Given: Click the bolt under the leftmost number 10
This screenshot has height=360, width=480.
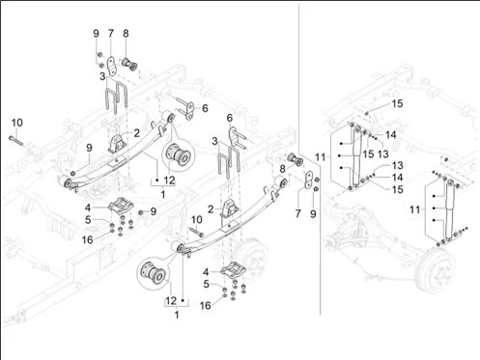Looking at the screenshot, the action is click(15, 140).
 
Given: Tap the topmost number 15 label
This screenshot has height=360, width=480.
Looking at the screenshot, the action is click(397, 103).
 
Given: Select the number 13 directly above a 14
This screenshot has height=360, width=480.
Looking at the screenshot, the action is click(398, 165).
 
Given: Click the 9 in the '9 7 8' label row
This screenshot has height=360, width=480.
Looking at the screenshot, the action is click(96, 34).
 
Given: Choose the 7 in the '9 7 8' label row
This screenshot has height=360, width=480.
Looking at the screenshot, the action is click(111, 34).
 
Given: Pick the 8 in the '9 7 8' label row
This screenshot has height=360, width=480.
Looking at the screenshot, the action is click(126, 34).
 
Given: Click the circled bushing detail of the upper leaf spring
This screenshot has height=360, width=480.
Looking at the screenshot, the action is click(178, 154).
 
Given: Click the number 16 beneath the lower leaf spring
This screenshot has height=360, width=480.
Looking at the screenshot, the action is click(206, 305).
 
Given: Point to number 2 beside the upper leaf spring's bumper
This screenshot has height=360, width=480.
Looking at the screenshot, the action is click(137, 133).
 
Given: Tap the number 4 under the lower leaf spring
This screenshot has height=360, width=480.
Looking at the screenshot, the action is click(206, 272).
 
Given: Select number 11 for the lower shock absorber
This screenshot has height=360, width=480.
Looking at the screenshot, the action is click(415, 209).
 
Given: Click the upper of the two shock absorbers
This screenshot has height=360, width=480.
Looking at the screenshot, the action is click(356, 156).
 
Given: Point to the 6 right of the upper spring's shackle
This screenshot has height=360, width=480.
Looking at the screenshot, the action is click(205, 108).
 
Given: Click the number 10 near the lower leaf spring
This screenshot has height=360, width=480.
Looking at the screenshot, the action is click(197, 220).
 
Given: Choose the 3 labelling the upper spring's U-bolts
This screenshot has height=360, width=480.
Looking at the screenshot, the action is click(102, 76).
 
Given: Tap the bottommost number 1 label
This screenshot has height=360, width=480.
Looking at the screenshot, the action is click(177, 315).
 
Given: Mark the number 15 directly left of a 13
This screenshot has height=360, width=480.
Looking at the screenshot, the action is click(368, 154).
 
